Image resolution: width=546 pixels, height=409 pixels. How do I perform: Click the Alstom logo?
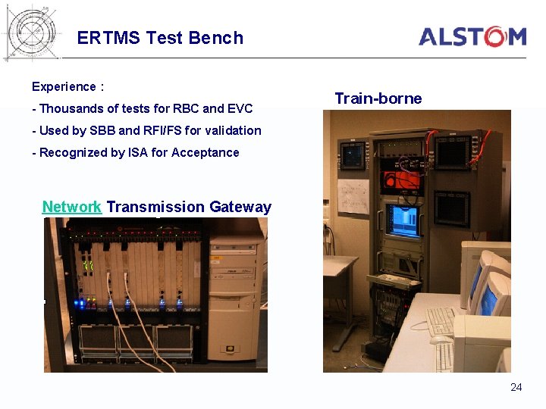472,36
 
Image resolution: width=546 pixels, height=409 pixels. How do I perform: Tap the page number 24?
516,387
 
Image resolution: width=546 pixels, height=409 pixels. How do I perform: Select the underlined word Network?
72,207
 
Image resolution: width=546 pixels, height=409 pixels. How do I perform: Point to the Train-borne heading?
378,98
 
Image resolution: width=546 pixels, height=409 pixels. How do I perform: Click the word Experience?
64,87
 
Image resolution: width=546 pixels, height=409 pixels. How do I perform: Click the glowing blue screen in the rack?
403,219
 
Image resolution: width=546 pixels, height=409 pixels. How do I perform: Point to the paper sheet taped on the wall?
353,195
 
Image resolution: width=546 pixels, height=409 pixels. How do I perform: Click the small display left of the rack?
353,155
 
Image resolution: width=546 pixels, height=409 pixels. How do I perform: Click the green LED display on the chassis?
88,266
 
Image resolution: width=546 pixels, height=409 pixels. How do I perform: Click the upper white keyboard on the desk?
440,321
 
